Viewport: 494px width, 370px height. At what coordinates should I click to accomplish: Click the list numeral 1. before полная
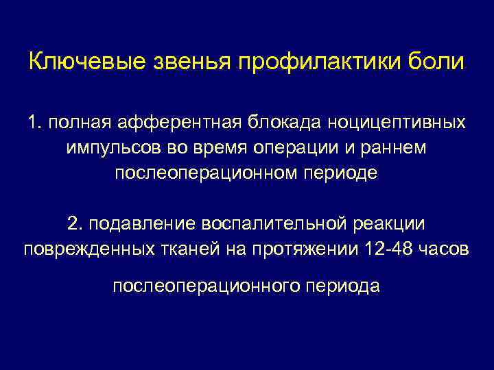[35, 123]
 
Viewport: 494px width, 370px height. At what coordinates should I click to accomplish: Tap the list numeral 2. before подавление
[75, 223]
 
